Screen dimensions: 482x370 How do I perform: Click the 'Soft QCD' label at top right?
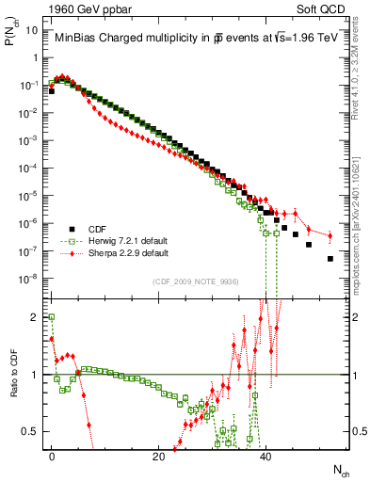320,8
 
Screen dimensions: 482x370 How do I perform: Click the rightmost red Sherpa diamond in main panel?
330,235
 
